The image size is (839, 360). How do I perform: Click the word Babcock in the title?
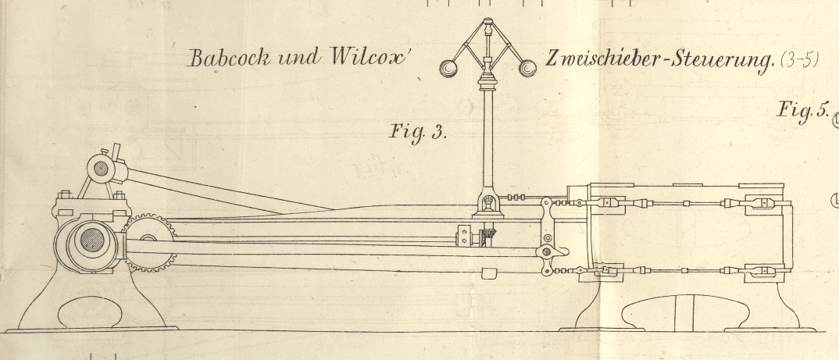pyautogui.click(x=222, y=59)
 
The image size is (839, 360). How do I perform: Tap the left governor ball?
pyautogui.click(x=449, y=69)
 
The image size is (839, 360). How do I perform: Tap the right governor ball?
pyautogui.click(x=527, y=69)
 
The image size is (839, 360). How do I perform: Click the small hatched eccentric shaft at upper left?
pyautogui.click(x=101, y=166)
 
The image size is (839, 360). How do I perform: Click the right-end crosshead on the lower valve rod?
pyautogui.click(x=762, y=273)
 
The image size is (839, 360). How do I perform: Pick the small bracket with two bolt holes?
pyautogui.click(x=465, y=235)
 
